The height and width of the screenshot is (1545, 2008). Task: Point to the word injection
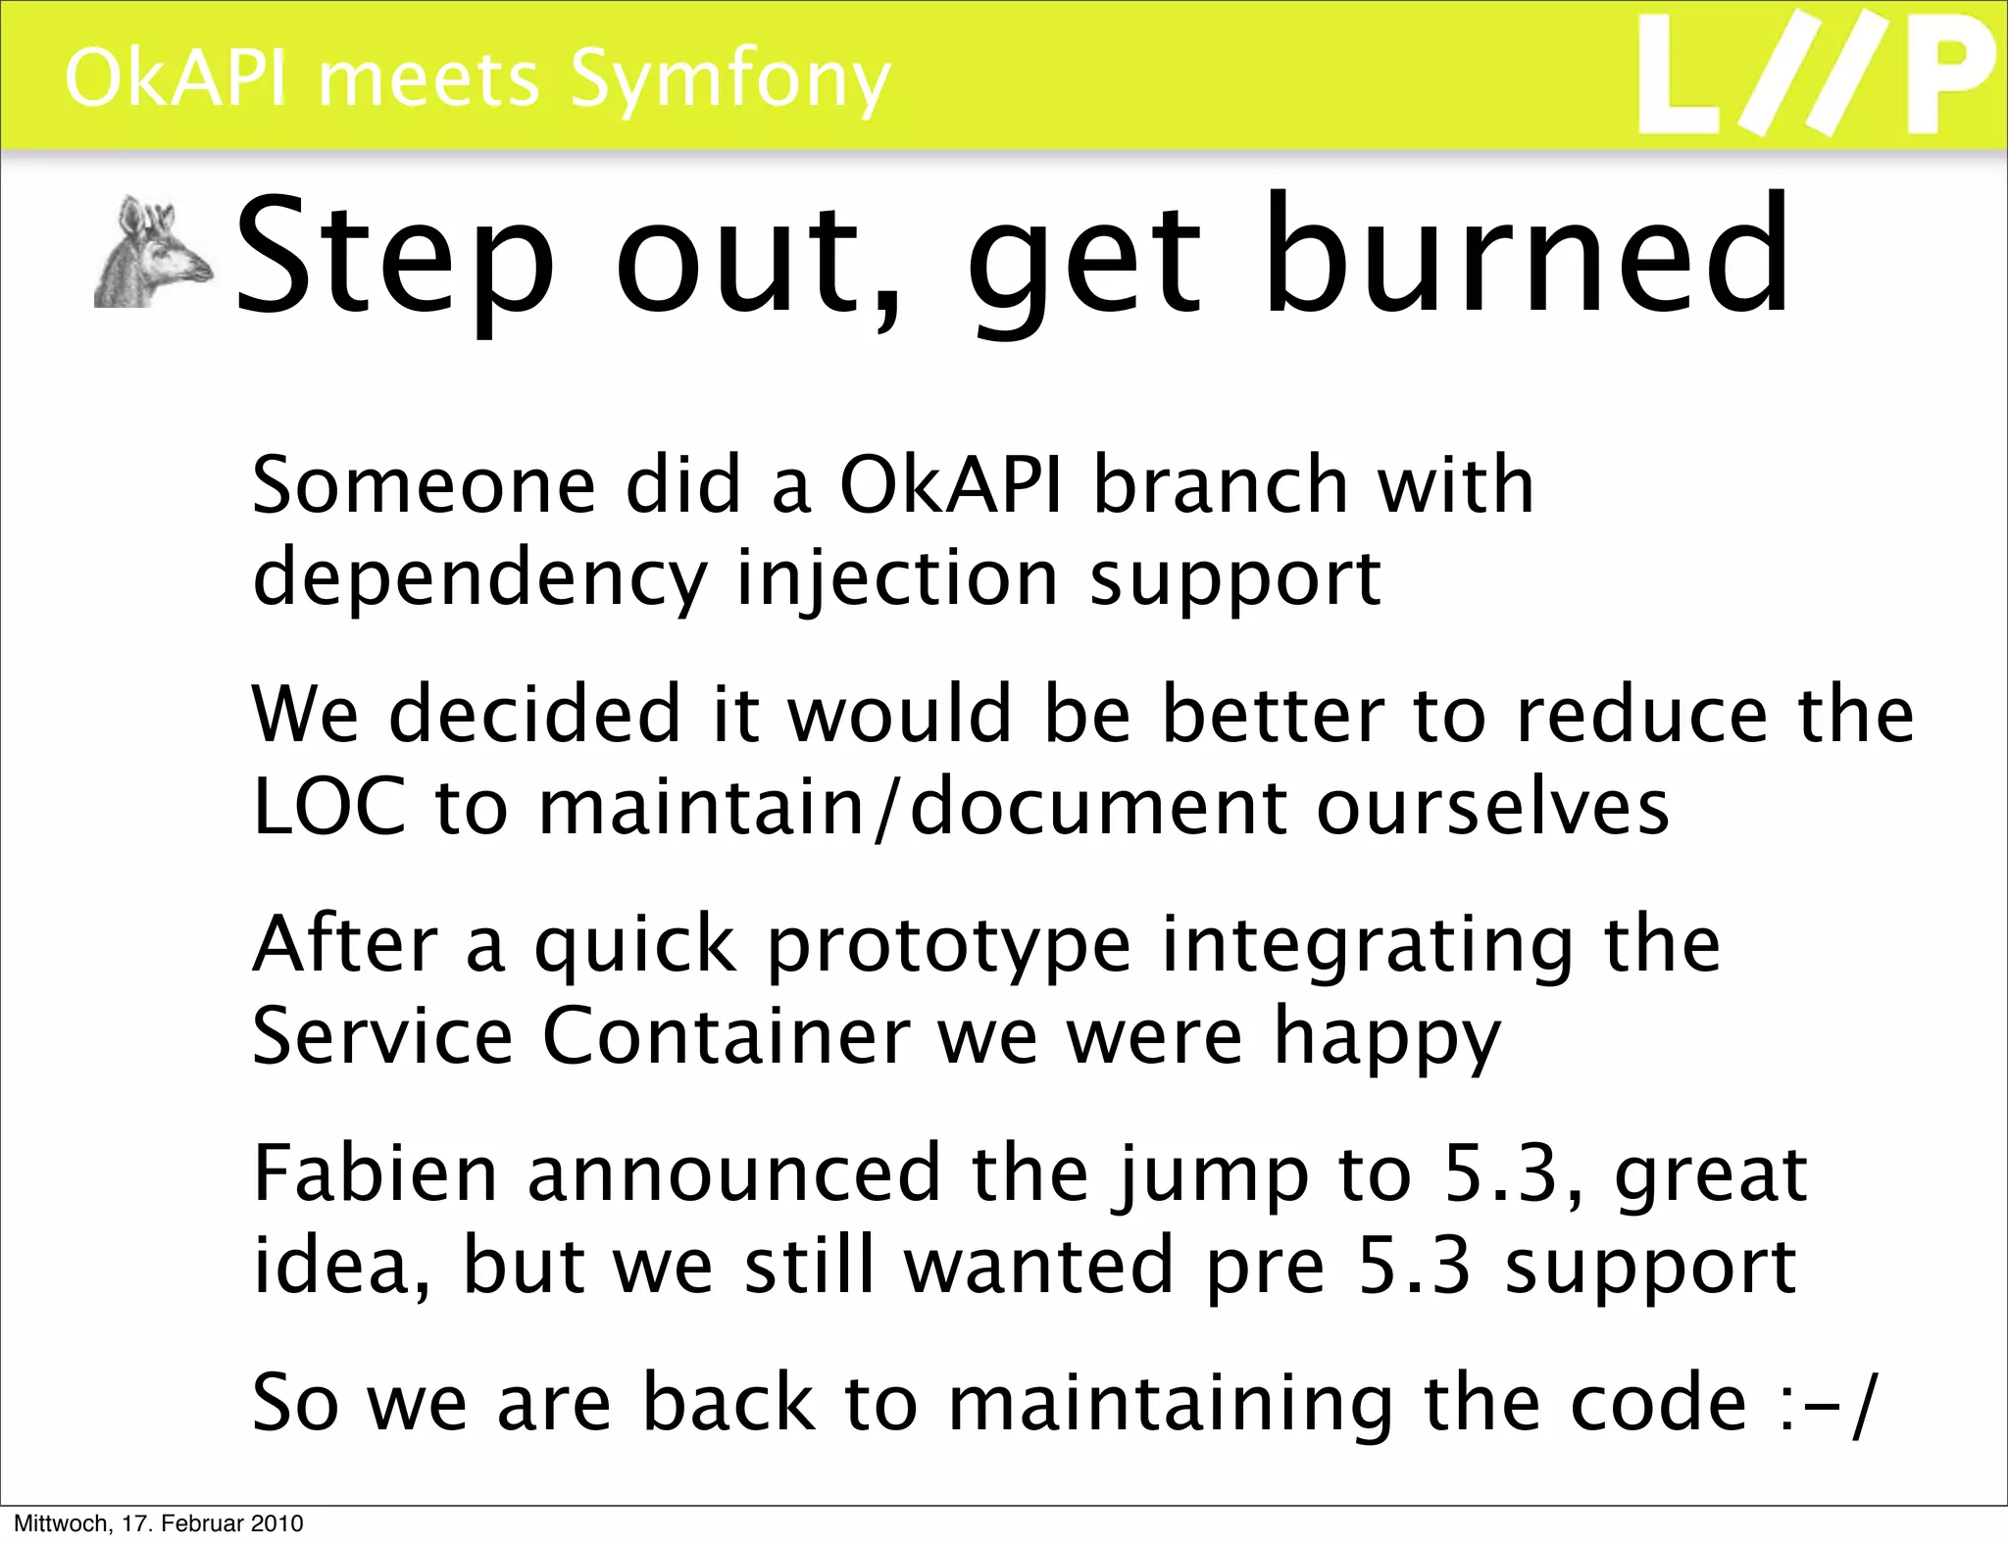point(896,578)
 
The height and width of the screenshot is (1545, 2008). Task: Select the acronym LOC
point(328,808)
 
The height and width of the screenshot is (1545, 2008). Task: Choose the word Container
point(726,1037)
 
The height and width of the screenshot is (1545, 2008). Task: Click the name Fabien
point(376,1173)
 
